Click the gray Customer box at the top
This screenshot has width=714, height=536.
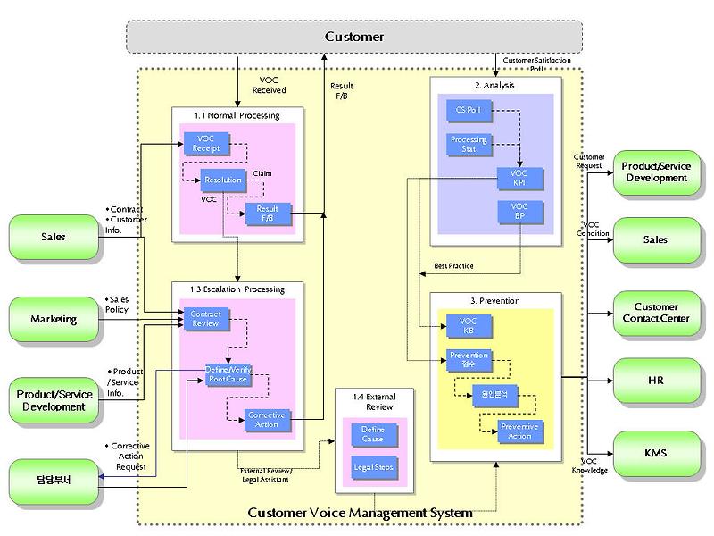click(x=354, y=37)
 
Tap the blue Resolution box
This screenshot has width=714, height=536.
click(x=222, y=180)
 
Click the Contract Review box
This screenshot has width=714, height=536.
click(x=206, y=318)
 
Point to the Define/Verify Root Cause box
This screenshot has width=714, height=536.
click(x=228, y=374)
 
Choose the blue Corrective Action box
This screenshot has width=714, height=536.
click(x=266, y=420)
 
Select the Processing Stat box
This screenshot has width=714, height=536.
click(x=468, y=144)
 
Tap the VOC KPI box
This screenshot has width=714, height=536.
click(x=519, y=177)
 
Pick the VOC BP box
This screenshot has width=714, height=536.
click(x=519, y=211)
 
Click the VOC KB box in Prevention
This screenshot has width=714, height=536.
click(x=468, y=325)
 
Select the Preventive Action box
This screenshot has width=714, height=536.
click(x=519, y=431)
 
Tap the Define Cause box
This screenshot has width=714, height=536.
click(x=373, y=435)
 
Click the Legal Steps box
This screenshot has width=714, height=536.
click(x=373, y=466)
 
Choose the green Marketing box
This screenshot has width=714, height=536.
click(x=54, y=319)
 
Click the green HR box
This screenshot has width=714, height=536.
click(x=655, y=380)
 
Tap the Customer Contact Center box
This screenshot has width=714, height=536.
click(x=655, y=313)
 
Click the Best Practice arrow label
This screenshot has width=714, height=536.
click(x=453, y=266)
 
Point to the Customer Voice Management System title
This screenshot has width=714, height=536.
click(x=359, y=513)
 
